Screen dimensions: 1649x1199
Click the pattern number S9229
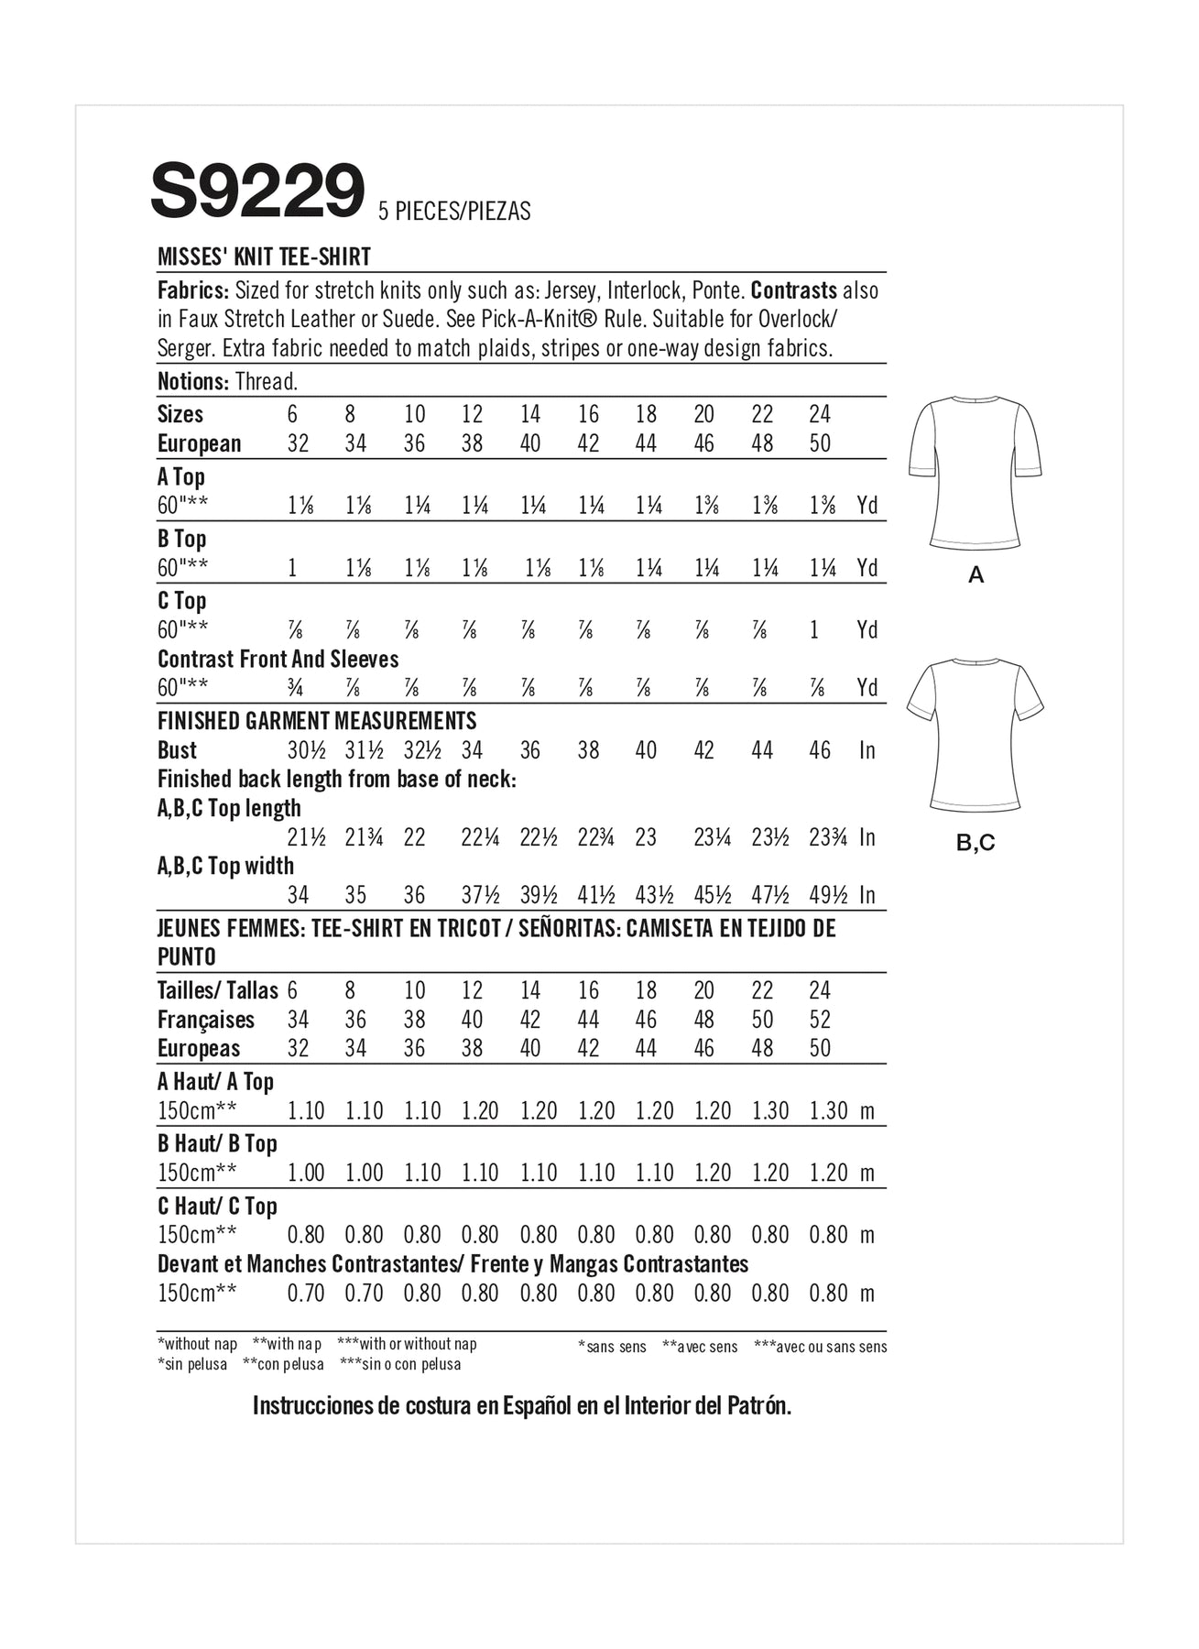coord(257,191)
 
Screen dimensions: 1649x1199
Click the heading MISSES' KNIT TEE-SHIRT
coord(264,257)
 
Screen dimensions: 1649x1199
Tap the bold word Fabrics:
coord(192,290)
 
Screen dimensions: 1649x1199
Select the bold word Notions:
coord(192,381)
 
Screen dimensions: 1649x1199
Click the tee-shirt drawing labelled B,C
coord(976,734)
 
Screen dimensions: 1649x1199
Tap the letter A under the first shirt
coord(976,575)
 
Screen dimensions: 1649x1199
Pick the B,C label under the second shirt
coord(976,843)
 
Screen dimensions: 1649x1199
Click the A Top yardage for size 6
coord(300,506)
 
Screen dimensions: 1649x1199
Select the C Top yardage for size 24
coord(814,630)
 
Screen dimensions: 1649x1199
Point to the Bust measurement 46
coord(820,750)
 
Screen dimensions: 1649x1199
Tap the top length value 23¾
coord(828,837)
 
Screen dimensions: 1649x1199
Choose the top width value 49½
coord(828,895)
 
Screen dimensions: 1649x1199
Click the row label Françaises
coord(205,1020)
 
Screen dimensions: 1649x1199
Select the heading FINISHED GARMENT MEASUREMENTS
coord(317,721)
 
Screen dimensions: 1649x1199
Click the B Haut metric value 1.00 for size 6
coord(306,1173)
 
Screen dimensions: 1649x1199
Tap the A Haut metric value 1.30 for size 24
coord(828,1110)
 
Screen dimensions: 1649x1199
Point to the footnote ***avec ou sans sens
coord(820,1347)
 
